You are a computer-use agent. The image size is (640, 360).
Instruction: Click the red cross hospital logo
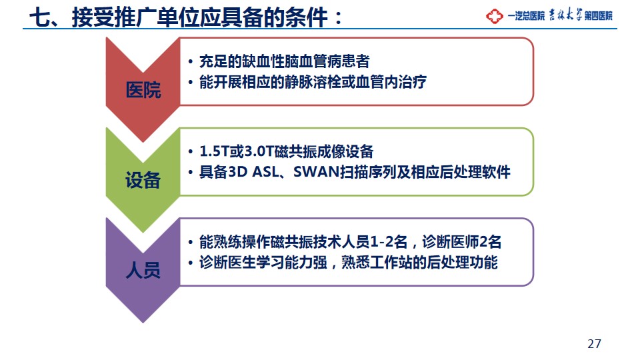pyautogui.click(x=494, y=16)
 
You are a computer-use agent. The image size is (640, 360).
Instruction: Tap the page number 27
pyautogui.click(x=594, y=344)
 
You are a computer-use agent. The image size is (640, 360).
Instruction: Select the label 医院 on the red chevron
pyautogui.click(x=143, y=90)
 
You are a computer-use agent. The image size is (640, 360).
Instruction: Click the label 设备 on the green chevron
pyautogui.click(x=143, y=180)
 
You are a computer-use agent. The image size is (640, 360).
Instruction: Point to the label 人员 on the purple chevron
pyautogui.click(x=143, y=270)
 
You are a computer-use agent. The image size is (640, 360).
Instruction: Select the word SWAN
pyautogui.click(x=317, y=172)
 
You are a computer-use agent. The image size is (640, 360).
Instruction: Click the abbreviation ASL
pyautogui.click(x=265, y=172)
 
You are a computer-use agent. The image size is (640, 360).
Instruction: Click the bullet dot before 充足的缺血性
pyautogui.click(x=191, y=62)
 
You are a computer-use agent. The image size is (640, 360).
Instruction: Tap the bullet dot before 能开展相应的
pyautogui.click(x=191, y=83)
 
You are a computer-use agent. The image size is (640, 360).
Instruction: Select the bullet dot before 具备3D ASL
pyautogui.click(x=191, y=173)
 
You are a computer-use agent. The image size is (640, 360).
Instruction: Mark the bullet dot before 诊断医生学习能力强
pyautogui.click(x=191, y=263)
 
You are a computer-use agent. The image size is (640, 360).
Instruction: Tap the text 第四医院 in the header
pyautogui.click(x=599, y=16)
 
